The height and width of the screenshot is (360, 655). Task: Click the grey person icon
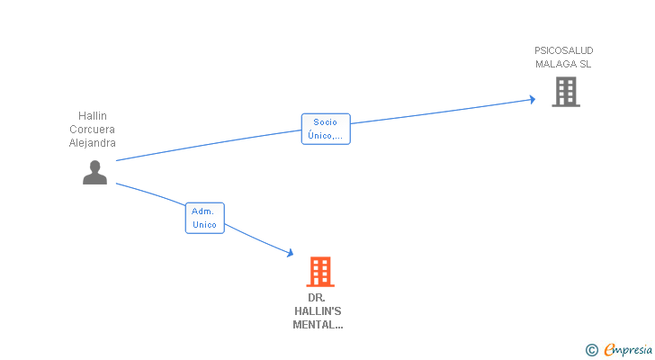(94, 173)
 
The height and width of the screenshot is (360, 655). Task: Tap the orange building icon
(320, 272)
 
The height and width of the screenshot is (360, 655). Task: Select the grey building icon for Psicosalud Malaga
(566, 92)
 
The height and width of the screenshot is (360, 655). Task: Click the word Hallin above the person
(93, 116)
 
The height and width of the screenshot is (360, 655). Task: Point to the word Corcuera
(92, 130)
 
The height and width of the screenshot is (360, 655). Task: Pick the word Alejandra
(93, 143)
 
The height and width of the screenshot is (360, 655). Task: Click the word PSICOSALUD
(564, 50)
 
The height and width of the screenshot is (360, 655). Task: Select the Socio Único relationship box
(326, 129)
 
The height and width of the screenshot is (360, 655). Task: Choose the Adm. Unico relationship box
(205, 218)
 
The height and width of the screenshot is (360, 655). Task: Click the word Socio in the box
(325, 121)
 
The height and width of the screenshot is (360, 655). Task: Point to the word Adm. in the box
(202, 211)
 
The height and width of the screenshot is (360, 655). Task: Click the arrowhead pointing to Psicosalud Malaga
(533, 99)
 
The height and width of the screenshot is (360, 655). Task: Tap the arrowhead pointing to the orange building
(290, 253)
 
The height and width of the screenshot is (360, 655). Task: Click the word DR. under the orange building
(316, 298)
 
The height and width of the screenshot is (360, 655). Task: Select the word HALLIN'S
(318, 311)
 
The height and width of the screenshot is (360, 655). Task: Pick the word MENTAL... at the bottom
(318, 325)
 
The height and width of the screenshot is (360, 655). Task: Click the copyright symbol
(591, 350)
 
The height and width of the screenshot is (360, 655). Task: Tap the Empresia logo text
(628, 349)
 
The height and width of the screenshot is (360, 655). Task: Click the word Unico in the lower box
(204, 225)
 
